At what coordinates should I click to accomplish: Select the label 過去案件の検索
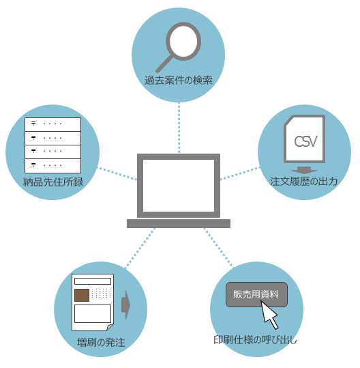(179, 81)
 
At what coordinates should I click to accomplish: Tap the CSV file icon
(305, 139)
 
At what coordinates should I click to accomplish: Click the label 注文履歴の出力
(304, 182)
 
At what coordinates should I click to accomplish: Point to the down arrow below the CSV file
(304, 170)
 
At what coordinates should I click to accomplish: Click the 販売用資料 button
(256, 294)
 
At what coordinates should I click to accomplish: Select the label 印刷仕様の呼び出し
(255, 339)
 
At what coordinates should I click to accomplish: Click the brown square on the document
(82, 295)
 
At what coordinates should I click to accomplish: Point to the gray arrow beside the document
(125, 305)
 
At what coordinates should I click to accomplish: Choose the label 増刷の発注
(101, 343)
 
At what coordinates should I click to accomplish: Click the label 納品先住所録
(53, 182)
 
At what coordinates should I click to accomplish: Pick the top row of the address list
(52, 124)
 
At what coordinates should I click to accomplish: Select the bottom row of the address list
(52, 166)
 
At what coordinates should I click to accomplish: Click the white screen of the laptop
(179, 186)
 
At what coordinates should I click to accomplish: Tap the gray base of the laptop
(179, 223)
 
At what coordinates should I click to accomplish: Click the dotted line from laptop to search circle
(179, 128)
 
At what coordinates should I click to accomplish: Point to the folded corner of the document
(110, 328)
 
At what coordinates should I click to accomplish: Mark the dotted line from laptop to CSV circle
(240, 173)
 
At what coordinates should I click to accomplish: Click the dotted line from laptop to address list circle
(117, 173)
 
